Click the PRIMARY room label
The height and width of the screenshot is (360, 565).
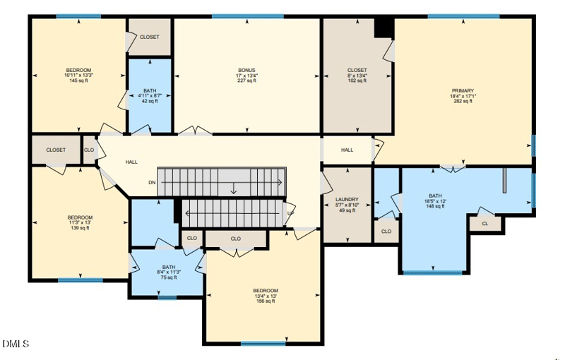coord(463,90)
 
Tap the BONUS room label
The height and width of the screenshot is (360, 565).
coord(246,71)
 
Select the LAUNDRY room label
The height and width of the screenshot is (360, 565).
coord(347,200)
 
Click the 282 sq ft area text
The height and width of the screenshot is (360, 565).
coord(463,101)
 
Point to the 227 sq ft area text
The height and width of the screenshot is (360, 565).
coord(246,80)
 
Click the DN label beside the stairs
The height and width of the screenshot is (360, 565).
coord(152,182)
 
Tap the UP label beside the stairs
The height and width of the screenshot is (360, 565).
coord(290,213)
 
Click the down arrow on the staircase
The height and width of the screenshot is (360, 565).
coord(234,188)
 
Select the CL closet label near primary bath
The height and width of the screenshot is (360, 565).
coord(484,224)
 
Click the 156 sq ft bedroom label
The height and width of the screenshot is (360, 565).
coord(266,301)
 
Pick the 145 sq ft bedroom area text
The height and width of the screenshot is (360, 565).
coord(78,80)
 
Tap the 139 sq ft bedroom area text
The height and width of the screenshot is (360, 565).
coord(80,228)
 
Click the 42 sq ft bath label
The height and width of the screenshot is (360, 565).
coord(150,101)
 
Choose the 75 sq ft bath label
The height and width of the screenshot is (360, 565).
coord(167,277)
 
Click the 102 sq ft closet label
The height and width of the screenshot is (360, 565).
coord(357,80)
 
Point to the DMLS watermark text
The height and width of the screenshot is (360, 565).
coord(16,344)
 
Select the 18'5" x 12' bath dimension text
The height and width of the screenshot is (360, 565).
coord(435,201)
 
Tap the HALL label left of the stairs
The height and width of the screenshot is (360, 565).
coord(131,162)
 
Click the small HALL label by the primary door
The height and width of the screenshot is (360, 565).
coord(347,150)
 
